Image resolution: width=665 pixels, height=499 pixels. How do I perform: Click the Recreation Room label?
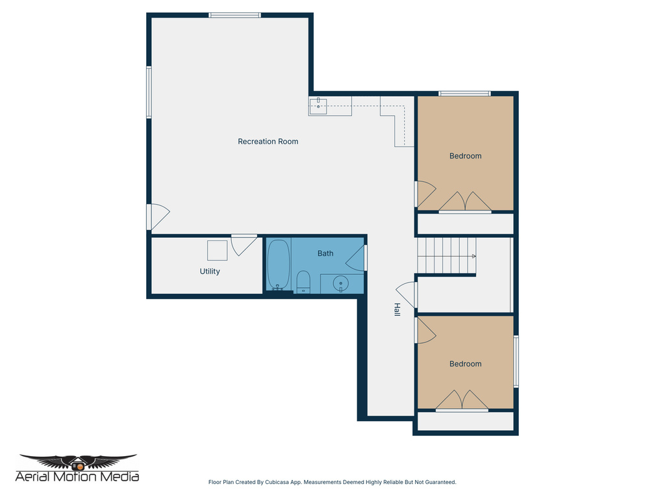(x=268, y=142)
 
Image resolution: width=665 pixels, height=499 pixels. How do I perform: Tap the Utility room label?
(x=210, y=272)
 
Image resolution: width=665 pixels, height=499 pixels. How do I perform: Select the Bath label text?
(x=325, y=253)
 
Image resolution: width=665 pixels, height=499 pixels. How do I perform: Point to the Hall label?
(x=396, y=310)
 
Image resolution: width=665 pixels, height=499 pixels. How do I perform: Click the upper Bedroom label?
(x=465, y=156)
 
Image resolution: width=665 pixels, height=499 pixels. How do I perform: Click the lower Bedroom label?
(x=465, y=364)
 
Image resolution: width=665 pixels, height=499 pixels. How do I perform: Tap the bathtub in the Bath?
(x=279, y=266)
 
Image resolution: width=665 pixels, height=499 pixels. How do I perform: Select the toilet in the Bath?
(x=303, y=283)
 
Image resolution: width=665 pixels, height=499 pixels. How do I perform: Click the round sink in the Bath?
(x=340, y=284)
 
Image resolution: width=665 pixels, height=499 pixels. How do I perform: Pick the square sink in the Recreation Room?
(x=318, y=106)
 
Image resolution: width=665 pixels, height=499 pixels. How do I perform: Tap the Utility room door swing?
(x=242, y=244)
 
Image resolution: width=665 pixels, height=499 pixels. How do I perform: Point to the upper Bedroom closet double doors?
(x=465, y=202)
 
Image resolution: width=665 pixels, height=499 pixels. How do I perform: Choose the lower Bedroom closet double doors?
(x=462, y=400)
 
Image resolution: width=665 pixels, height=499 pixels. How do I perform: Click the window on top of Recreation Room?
(x=234, y=15)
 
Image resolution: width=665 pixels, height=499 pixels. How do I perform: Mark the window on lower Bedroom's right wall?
(x=516, y=361)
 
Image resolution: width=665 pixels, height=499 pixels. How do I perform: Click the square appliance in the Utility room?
(x=217, y=250)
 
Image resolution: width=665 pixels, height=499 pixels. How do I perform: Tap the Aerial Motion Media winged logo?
(x=78, y=462)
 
